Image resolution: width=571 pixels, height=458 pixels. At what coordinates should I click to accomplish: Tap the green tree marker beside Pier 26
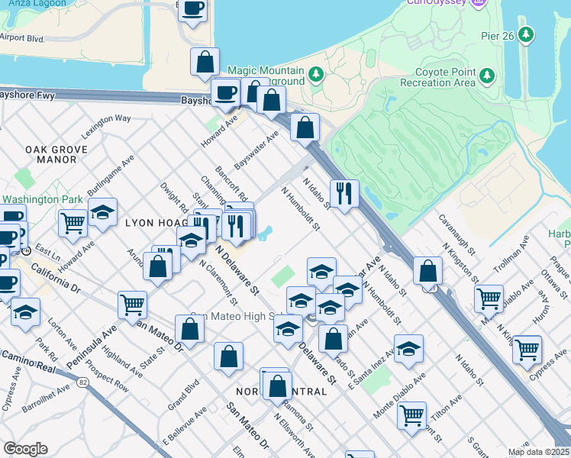click(525, 34)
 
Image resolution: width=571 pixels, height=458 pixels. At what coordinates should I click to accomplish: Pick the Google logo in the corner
click(24, 449)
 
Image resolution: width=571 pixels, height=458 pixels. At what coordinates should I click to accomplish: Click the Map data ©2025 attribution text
click(538, 451)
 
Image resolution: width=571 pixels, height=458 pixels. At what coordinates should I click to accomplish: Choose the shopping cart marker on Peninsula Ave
click(133, 305)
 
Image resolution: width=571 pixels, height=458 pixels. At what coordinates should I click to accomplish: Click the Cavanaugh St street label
click(456, 234)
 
